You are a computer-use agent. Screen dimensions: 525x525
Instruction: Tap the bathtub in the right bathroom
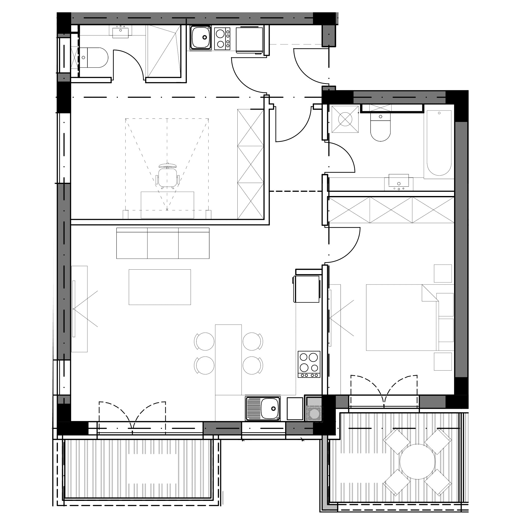[x=439, y=143]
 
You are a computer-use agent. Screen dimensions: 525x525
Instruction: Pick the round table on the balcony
[x=417, y=461]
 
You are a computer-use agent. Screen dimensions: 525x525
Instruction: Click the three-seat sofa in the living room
[x=163, y=243]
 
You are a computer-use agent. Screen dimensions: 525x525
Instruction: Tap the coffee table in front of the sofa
[x=160, y=287]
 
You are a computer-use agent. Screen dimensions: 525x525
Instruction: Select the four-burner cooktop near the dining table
[x=309, y=364]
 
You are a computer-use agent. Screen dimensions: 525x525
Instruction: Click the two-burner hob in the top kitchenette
[x=222, y=39]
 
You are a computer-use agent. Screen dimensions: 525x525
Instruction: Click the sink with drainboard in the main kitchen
[x=263, y=409]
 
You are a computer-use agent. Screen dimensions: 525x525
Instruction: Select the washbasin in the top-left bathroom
[x=121, y=31]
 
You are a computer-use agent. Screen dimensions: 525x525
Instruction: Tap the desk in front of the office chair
[x=167, y=205]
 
